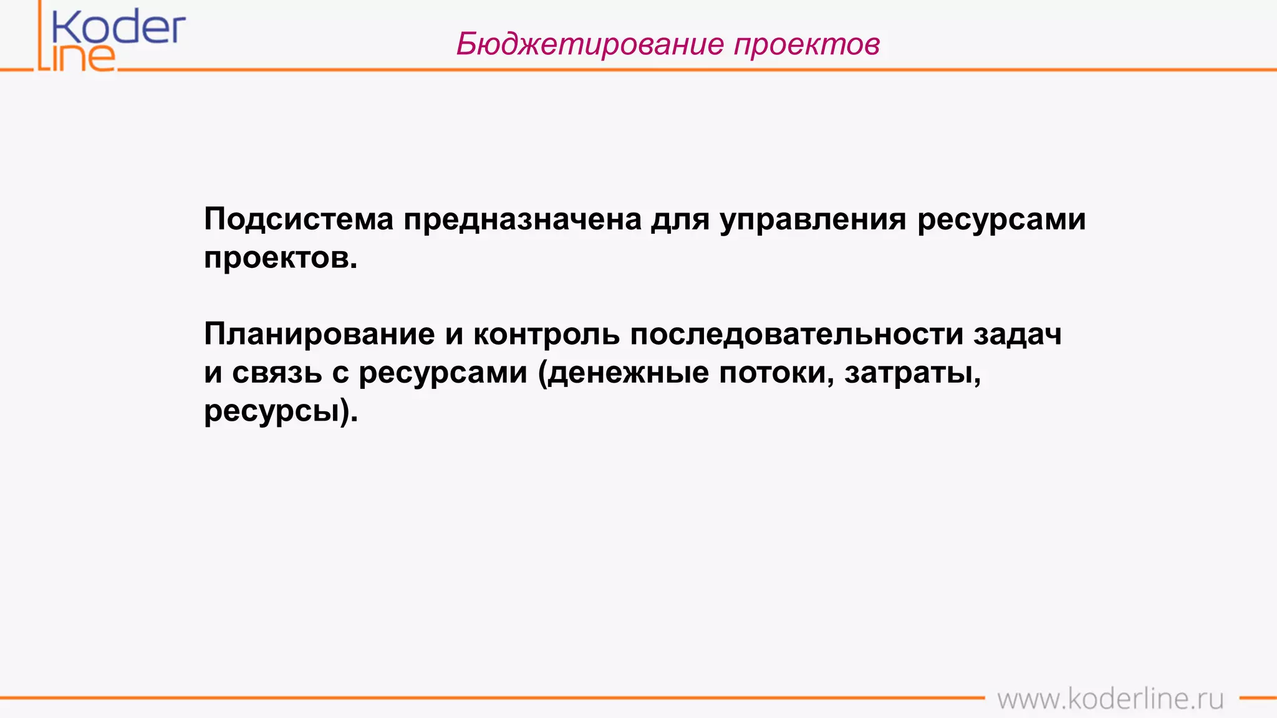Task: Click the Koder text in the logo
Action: [118, 28]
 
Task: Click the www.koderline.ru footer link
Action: [1110, 699]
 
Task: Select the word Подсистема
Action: [299, 219]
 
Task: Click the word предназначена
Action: [523, 219]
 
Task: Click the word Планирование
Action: [319, 334]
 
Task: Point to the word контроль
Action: [546, 334]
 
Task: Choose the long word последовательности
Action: [797, 334]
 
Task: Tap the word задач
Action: [1018, 334]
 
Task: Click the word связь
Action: [277, 373]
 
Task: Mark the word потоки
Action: [773, 373]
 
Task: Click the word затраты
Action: [908, 373]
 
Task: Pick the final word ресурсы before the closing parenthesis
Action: [272, 411]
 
